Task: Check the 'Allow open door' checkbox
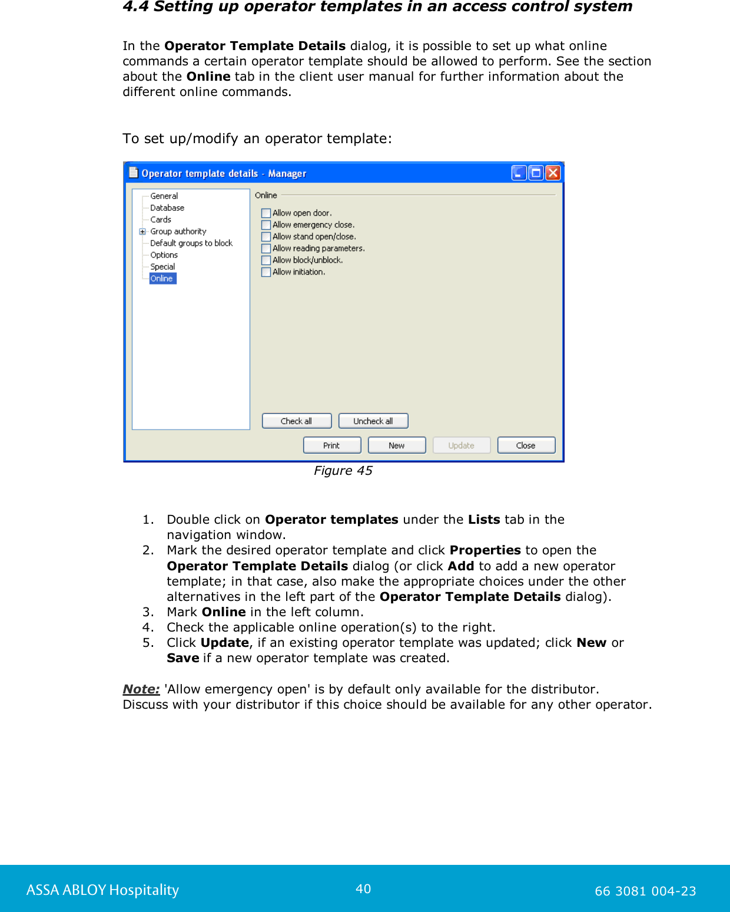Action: click(x=266, y=213)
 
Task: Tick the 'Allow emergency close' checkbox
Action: click(x=266, y=225)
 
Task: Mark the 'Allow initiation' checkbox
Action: click(x=266, y=272)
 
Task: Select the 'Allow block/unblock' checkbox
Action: click(x=266, y=260)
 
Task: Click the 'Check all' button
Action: click(x=297, y=421)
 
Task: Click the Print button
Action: click(x=331, y=445)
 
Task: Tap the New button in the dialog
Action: click(x=397, y=445)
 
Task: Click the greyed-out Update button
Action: click(x=462, y=445)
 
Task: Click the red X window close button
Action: click(x=553, y=173)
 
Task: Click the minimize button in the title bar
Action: click(x=519, y=173)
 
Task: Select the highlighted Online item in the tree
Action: click(x=162, y=279)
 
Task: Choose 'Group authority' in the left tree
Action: click(x=178, y=232)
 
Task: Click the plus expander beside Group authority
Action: click(x=142, y=232)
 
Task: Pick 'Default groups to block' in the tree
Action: click(x=191, y=243)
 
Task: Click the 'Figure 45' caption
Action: click(x=343, y=471)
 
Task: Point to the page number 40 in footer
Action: click(x=363, y=889)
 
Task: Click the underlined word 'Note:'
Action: click(x=141, y=689)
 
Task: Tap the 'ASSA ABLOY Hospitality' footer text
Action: click(x=102, y=890)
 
